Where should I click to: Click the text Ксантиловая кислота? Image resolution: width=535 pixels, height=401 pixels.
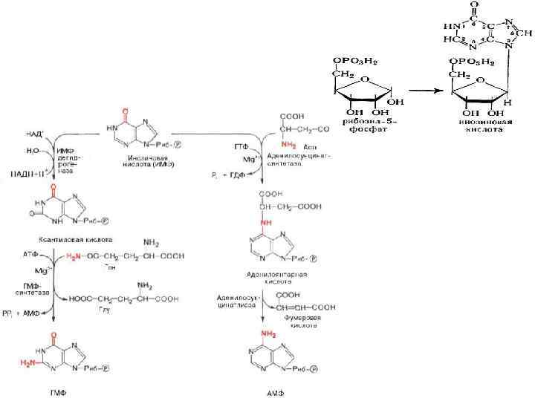75,240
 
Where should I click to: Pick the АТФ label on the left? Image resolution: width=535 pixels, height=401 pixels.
30,254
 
